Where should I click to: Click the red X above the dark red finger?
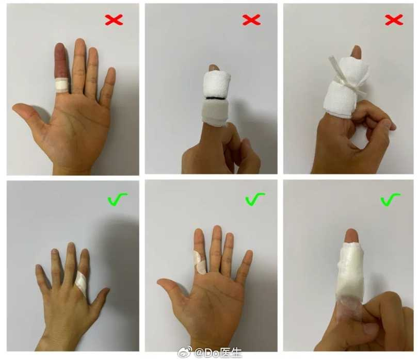pyautogui.click(x=114, y=20)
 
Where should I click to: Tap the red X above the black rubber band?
pyautogui.click(x=251, y=20)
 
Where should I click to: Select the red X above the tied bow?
pyautogui.click(x=394, y=20)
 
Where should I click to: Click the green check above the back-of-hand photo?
pyautogui.click(x=117, y=199)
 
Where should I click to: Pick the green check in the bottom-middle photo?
pyautogui.click(x=255, y=199)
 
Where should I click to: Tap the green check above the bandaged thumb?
pyautogui.click(x=390, y=200)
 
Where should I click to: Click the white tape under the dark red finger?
pyautogui.click(x=62, y=85)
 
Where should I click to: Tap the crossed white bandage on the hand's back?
pyautogui.click(x=81, y=283)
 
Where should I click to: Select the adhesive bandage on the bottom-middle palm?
pyautogui.click(x=199, y=263)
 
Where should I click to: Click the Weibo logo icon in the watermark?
pyautogui.click(x=185, y=352)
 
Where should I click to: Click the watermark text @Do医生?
pyautogui.click(x=218, y=353)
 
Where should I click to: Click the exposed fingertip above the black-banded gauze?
pyautogui.click(x=214, y=68)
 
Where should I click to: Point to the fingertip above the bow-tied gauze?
pyautogui.click(x=356, y=52)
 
